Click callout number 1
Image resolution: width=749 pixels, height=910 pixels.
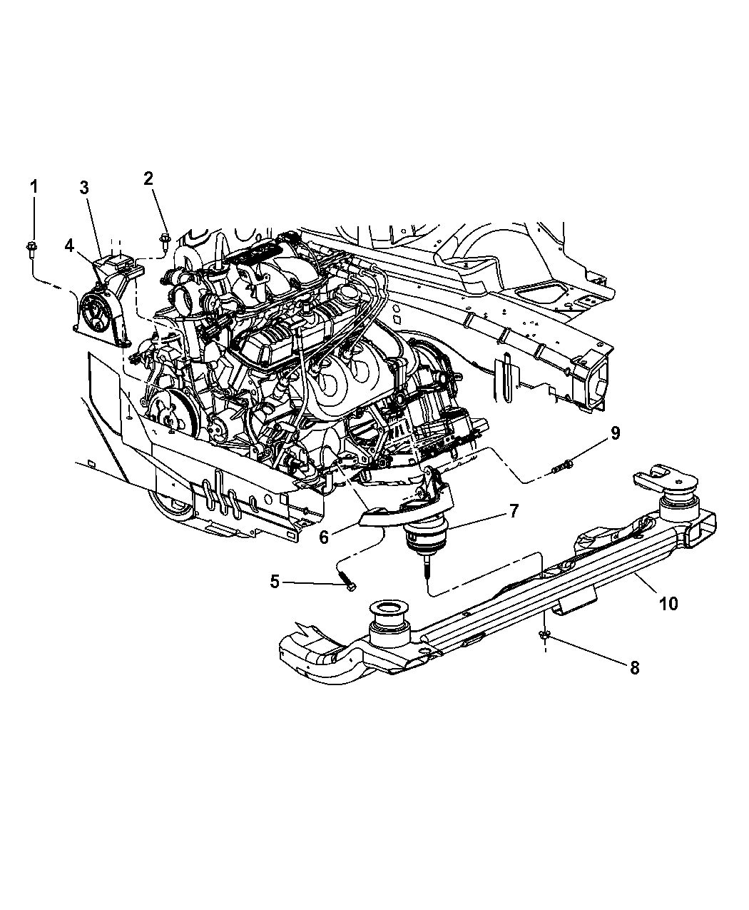pos(34,187)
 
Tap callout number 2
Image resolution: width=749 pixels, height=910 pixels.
pos(148,178)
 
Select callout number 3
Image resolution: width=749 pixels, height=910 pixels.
pos(84,188)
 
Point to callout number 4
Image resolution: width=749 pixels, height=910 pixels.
pos(69,246)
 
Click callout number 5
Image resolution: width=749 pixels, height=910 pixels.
pos(275,582)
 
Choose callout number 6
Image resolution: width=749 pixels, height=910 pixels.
pos(324,537)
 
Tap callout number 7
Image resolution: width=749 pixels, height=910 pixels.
pos(514,511)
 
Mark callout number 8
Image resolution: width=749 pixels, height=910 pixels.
pos(635,667)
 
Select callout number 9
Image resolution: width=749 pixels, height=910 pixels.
pos(615,433)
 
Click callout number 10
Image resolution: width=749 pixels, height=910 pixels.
pos(669,604)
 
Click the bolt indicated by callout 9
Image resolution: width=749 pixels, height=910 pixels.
pos(561,467)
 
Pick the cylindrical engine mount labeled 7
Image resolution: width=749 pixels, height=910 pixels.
pos(426,539)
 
